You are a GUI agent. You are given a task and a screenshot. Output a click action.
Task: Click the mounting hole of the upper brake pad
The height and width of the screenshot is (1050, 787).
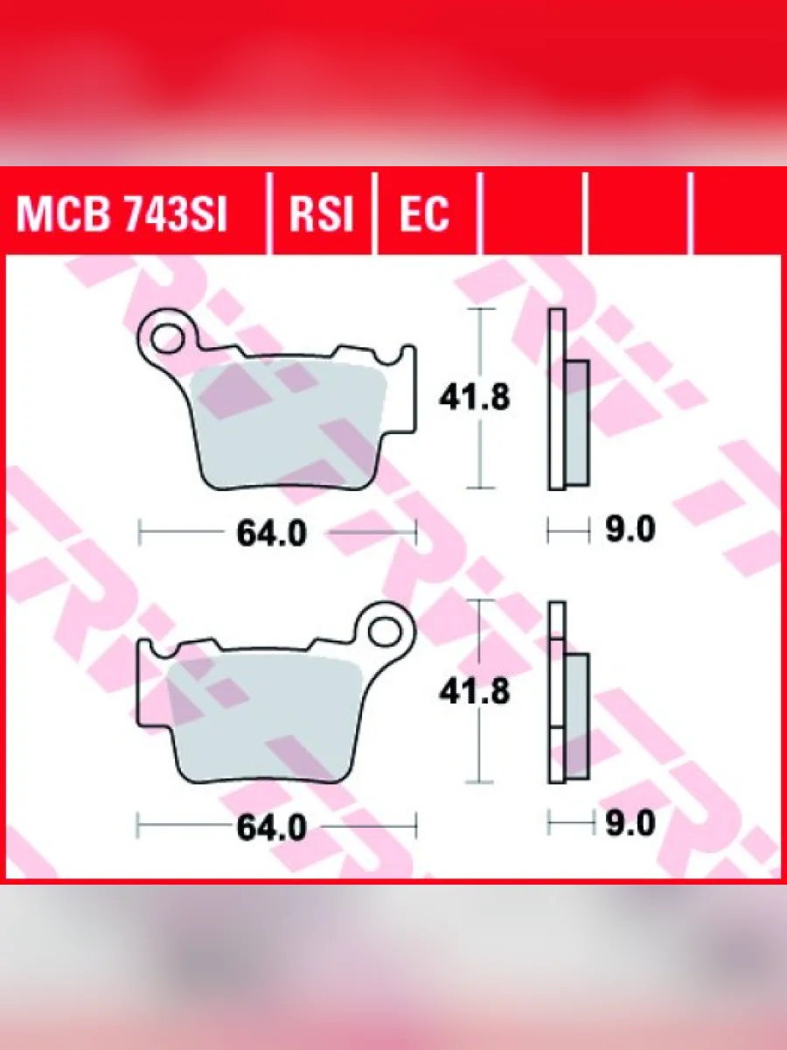point(167,339)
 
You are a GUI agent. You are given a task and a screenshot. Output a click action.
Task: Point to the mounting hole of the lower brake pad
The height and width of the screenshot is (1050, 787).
point(385,632)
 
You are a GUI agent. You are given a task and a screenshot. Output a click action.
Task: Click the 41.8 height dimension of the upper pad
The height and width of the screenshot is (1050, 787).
point(475,397)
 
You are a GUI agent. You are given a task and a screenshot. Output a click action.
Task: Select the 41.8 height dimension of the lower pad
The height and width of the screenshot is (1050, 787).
point(475,691)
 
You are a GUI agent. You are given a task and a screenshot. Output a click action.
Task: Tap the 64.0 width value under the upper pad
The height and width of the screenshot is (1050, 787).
point(271,534)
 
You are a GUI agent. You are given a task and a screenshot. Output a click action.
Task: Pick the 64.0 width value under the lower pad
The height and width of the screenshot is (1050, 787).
point(271,828)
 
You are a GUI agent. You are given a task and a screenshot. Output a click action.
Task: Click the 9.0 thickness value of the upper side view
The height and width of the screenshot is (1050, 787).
point(630,529)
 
